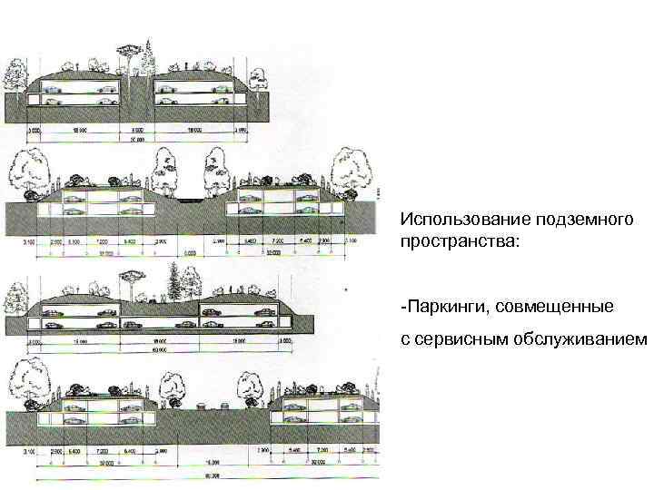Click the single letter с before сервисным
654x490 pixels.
[x=404, y=338]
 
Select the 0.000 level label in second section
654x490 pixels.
[x=190, y=255]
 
